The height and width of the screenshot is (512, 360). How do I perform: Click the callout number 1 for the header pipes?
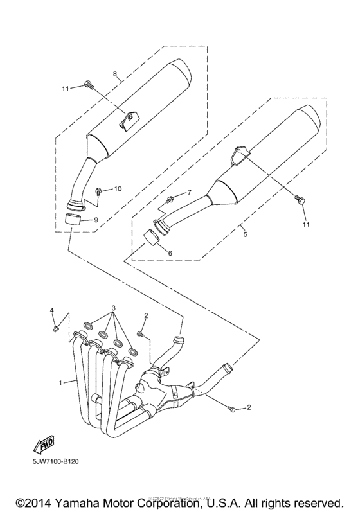point(61,383)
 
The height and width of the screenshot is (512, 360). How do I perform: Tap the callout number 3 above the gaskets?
point(113,309)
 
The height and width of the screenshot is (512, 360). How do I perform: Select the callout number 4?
point(53,311)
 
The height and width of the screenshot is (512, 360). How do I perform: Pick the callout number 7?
point(189,193)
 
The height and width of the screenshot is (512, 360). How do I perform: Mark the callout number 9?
point(96,220)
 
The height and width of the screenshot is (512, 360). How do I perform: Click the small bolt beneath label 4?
point(55,330)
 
